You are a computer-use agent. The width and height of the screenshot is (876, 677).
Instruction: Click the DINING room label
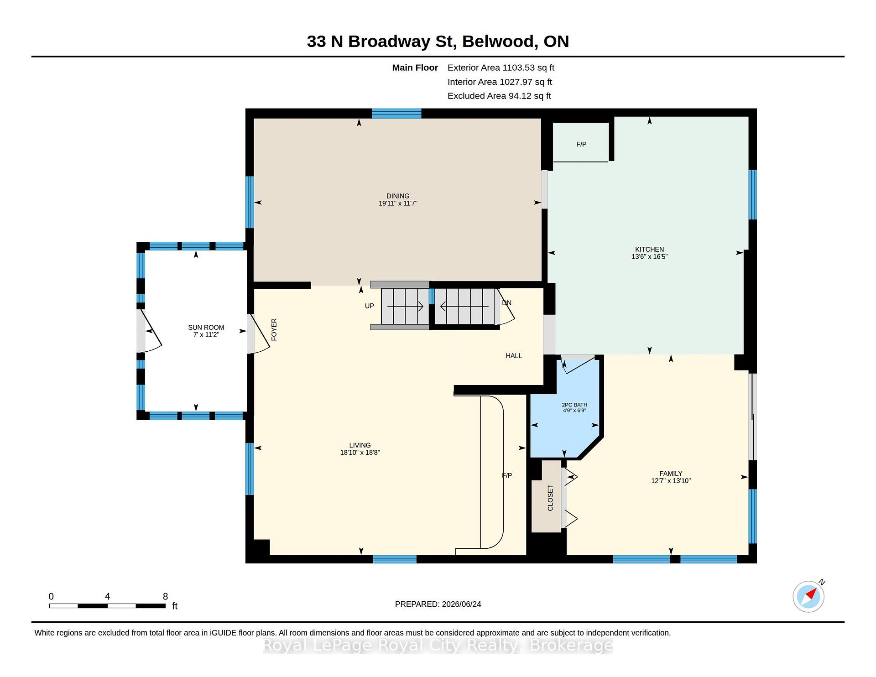coord(398,196)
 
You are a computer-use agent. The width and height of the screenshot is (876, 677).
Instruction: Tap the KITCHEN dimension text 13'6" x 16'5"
coord(649,257)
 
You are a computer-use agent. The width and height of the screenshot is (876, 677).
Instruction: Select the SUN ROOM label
coord(206,328)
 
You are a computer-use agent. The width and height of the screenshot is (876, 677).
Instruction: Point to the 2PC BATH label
coord(574,405)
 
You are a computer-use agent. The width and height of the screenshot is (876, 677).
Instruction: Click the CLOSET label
coord(550,498)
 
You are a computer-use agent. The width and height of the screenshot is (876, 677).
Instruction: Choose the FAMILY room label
coord(671,474)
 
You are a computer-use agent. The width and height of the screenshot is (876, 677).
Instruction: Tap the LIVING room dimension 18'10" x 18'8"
coord(360,453)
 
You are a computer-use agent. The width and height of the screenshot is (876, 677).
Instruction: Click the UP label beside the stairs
coord(370,306)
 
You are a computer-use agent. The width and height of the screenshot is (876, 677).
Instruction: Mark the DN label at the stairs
coord(506,303)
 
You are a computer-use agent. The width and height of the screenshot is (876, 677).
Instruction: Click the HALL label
coord(514,356)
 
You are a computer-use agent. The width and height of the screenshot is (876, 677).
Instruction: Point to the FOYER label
coord(274,329)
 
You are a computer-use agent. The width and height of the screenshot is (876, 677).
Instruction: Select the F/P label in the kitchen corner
coord(581,145)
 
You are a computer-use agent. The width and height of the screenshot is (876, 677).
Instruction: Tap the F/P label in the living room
coord(507,475)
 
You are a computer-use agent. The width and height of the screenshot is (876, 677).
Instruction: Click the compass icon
coord(808,596)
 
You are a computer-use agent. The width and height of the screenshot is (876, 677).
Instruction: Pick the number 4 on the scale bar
coord(107,597)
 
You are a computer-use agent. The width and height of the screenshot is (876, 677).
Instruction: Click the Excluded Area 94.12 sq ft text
coord(499,96)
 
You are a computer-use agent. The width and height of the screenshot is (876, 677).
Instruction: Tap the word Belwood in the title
coord(498,42)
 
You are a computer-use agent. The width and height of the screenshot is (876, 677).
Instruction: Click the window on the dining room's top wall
coord(396,114)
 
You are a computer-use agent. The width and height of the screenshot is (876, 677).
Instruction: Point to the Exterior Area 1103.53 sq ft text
coord(501,68)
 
